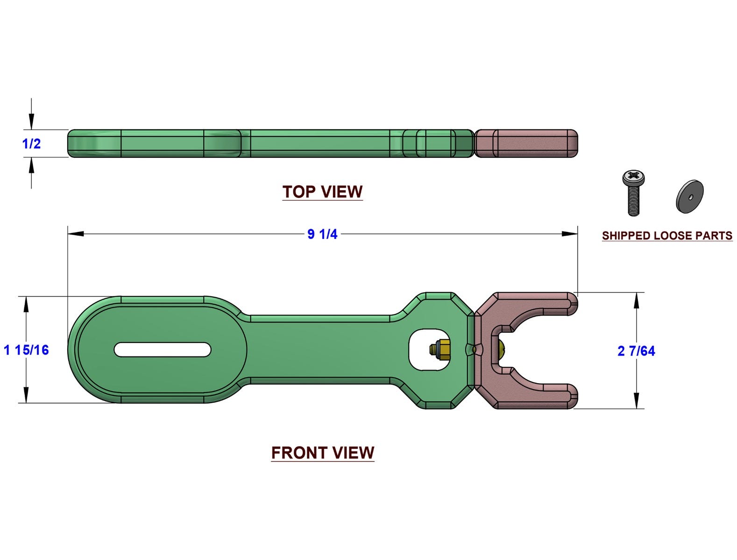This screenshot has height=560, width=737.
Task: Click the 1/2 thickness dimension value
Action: (31, 144)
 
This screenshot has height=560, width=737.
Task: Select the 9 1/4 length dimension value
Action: (322, 234)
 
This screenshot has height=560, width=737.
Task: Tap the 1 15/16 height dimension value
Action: (26, 350)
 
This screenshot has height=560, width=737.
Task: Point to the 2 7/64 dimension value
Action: (636, 351)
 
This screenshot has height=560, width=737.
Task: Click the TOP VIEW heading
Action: (322, 192)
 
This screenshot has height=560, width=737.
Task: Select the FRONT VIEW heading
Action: (323, 453)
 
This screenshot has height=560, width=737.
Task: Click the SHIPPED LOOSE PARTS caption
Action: (667, 236)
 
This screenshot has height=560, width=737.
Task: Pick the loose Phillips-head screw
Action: (634, 192)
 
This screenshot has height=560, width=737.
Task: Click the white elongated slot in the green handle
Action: (163, 350)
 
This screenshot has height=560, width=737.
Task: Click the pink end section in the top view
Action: (526, 143)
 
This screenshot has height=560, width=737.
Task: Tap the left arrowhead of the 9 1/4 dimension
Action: (76, 234)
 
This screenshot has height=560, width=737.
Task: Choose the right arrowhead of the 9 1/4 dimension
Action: (570, 234)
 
